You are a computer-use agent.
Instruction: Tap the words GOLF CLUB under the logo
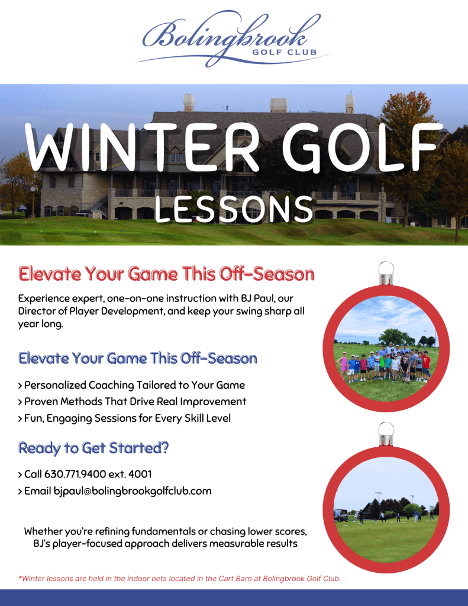[285, 52]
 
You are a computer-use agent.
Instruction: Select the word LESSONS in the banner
[234, 209]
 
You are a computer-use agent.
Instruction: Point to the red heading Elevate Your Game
[166, 274]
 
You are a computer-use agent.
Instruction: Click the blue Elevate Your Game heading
[137, 358]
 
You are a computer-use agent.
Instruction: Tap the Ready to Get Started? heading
[93, 448]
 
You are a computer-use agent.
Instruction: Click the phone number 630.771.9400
[75, 474]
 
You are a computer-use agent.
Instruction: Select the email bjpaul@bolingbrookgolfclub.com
[133, 491]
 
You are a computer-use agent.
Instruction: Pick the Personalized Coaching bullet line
[132, 385]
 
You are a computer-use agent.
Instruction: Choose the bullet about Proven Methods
[132, 402]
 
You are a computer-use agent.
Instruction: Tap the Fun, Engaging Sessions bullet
[124, 419]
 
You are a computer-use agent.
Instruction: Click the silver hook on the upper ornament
[386, 273]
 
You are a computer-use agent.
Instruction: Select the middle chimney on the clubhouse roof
[279, 105]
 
